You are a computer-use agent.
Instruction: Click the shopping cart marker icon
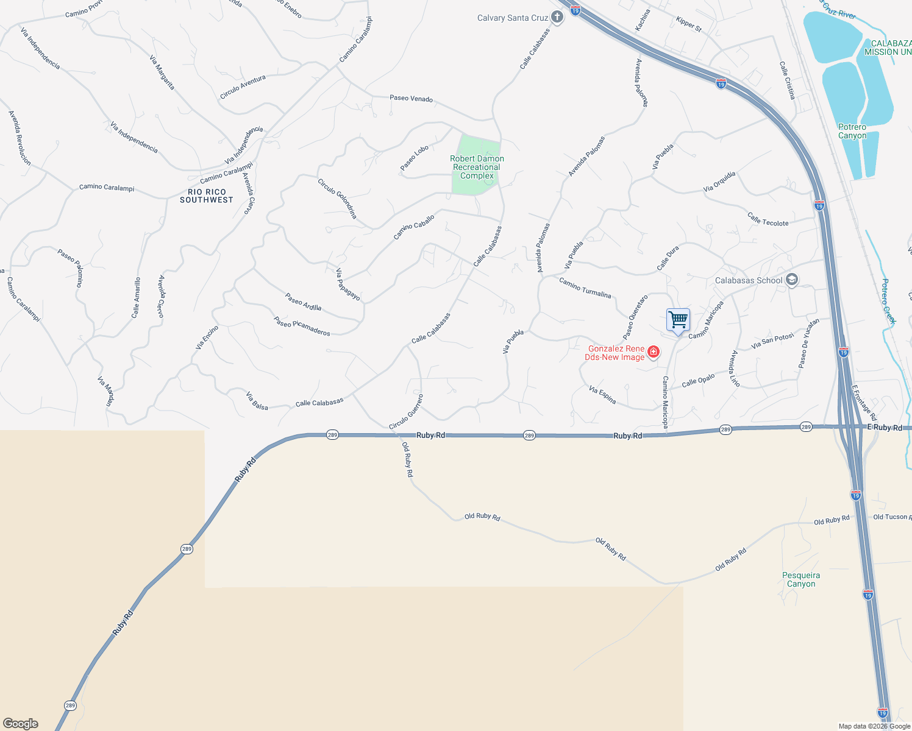678,320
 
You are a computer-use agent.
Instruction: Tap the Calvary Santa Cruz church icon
557,18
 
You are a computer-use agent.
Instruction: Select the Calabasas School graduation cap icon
792,280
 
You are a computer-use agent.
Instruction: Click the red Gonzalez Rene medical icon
654,352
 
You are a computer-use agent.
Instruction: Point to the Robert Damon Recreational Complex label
477,167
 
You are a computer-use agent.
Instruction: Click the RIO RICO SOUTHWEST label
207,196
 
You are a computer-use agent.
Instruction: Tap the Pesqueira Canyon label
801,579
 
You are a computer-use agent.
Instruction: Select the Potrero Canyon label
852,131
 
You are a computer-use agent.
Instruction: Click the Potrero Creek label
889,301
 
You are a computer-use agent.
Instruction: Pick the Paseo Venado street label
411,98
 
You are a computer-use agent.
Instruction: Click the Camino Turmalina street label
585,288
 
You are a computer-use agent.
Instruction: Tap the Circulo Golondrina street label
337,198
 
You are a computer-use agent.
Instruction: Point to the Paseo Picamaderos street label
302,326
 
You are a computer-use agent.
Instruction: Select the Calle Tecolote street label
768,219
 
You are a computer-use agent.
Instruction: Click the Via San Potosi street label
772,341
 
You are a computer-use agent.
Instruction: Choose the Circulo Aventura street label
243,87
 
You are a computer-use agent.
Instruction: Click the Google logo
20,724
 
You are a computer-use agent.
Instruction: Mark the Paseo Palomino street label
70,267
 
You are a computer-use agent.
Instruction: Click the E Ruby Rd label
885,428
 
